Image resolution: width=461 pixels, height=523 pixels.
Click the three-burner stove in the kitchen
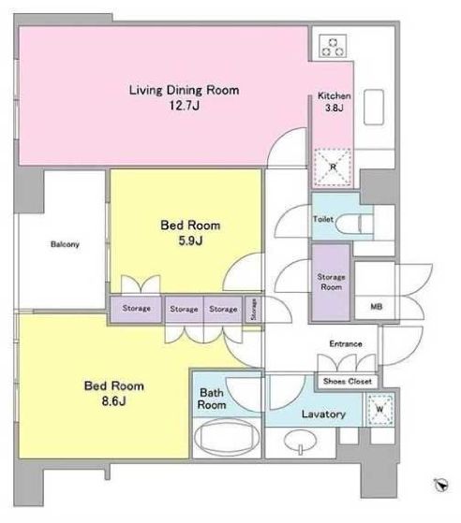(x=333, y=46)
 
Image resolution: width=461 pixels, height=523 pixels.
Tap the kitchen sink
(x=374, y=107)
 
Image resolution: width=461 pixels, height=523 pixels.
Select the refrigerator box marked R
(x=333, y=167)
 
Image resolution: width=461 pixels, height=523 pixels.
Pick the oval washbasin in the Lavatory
(x=300, y=441)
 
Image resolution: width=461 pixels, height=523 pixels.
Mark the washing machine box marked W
(x=379, y=409)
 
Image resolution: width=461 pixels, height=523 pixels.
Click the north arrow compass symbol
(x=441, y=485)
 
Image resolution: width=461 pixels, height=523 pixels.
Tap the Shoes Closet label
(x=348, y=381)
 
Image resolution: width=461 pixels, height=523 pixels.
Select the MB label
(x=377, y=306)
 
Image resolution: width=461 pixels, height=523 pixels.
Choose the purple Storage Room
(x=331, y=283)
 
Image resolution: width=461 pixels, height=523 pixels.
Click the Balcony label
(x=65, y=244)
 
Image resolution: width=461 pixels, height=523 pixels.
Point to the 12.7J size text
(x=184, y=106)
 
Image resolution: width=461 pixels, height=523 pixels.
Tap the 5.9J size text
(x=190, y=240)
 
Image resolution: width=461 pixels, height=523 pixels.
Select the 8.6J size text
(x=114, y=400)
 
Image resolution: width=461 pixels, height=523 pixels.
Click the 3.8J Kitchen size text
(x=335, y=108)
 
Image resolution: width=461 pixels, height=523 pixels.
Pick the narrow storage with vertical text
(x=253, y=309)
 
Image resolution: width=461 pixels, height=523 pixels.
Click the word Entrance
(x=346, y=343)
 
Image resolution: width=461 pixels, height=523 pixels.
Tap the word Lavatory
(x=323, y=414)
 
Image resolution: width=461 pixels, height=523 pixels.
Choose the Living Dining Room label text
(x=184, y=90)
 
